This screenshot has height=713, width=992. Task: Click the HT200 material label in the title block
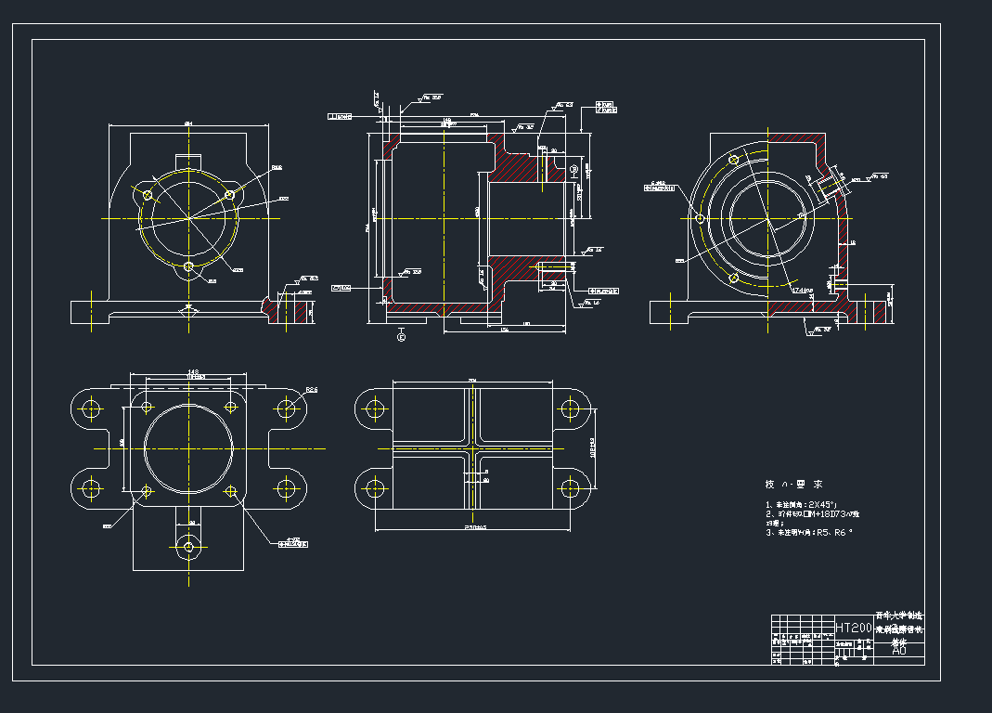854,629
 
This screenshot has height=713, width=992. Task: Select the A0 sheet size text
898,651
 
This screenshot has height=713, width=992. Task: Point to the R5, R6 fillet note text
831,533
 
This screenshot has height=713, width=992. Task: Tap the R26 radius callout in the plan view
312,391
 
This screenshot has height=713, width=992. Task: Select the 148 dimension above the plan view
193,373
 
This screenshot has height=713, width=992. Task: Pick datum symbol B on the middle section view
573,170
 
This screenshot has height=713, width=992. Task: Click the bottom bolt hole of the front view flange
189,267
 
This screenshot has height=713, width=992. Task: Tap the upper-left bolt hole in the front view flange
147,195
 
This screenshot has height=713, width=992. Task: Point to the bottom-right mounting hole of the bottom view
569,488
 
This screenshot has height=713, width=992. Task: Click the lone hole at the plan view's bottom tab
189,547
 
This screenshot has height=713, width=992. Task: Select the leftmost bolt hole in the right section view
700,219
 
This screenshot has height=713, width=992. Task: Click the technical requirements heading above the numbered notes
793,485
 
